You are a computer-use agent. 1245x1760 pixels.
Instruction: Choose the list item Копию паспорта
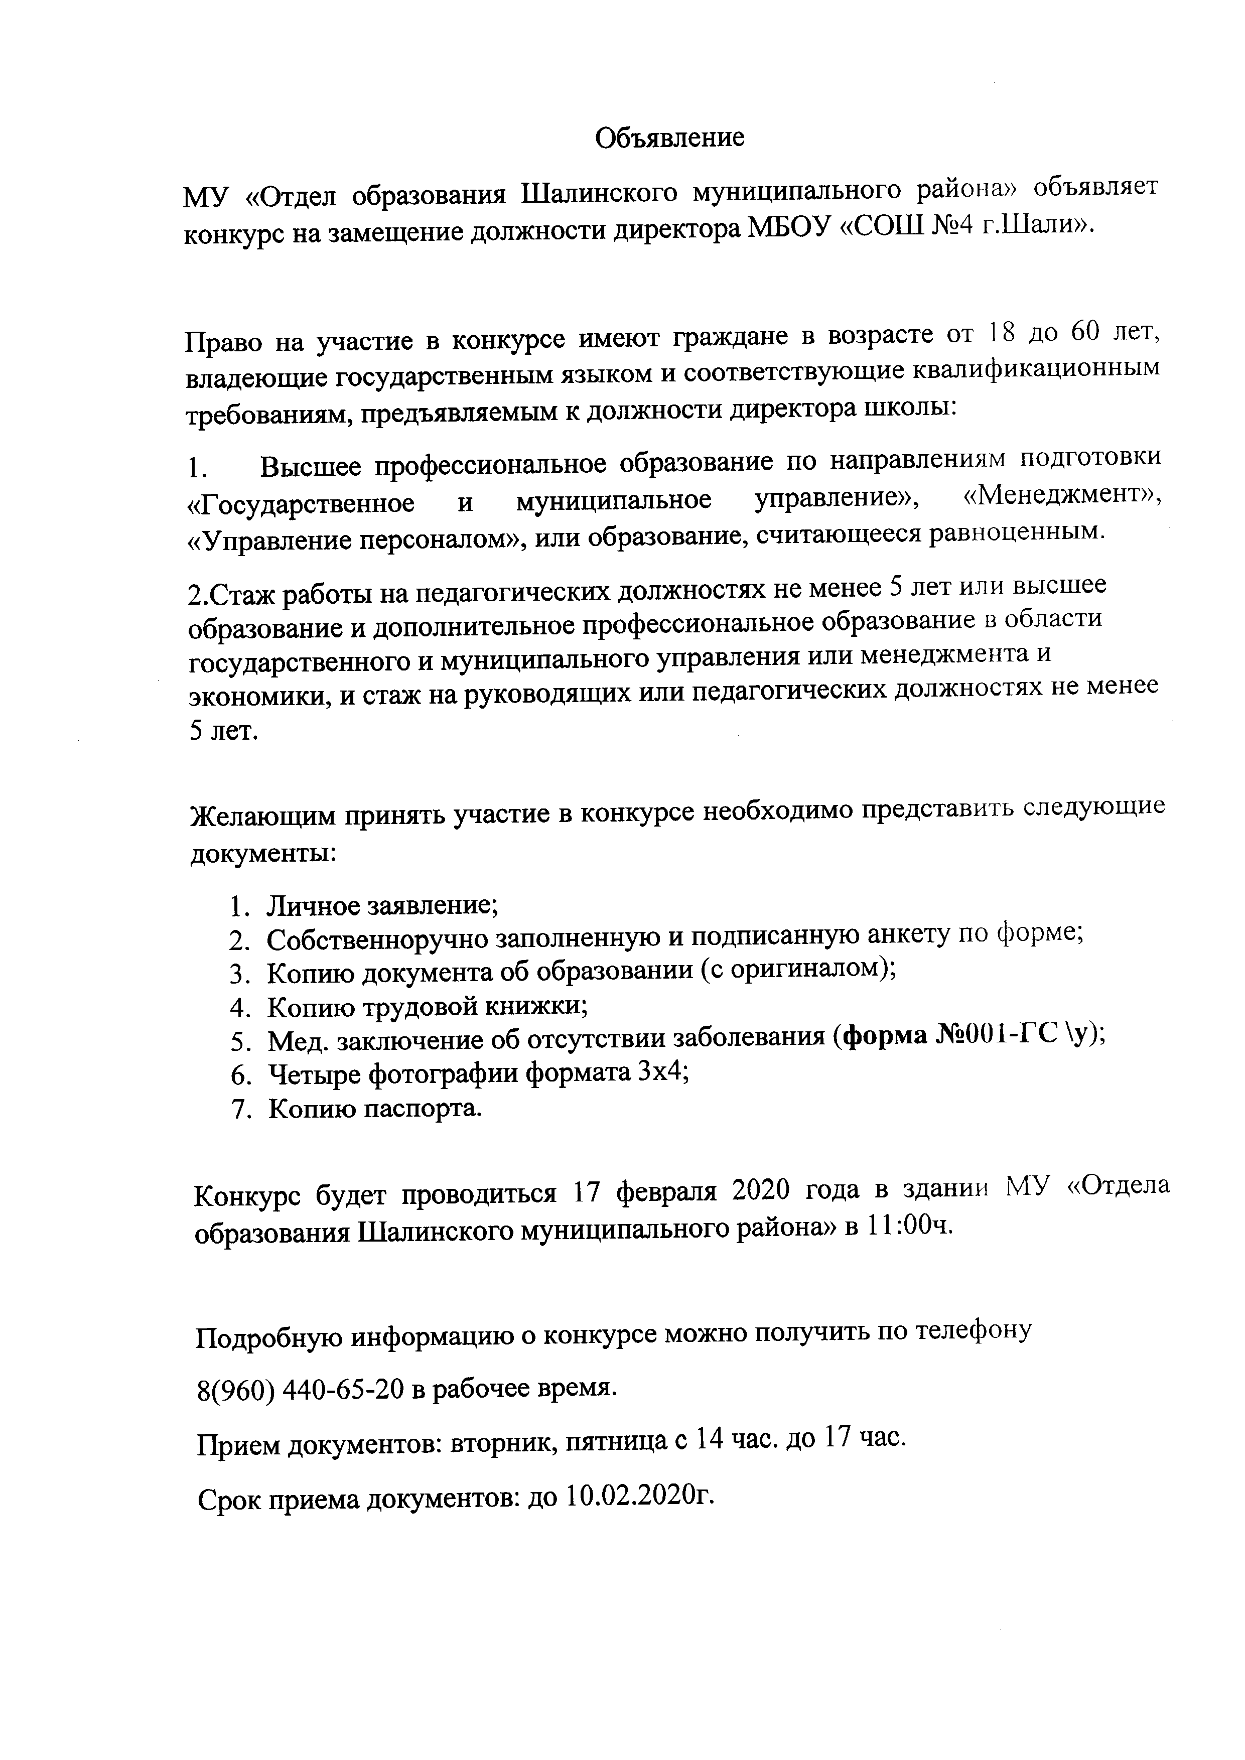point(375,1109)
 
